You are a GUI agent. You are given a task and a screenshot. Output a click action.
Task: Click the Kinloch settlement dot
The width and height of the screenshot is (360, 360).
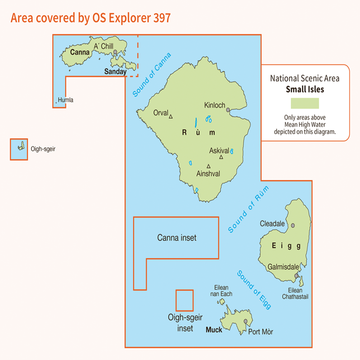pos(228,109)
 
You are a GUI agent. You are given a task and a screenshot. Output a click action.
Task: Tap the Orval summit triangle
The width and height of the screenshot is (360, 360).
pos(171,117)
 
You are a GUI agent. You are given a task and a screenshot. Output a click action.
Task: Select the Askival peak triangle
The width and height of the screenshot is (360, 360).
pos(221,157)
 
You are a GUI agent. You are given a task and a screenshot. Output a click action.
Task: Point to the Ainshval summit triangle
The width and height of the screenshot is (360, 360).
pos(208,166)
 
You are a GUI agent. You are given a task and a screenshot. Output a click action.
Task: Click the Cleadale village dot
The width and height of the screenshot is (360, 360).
pos(293,225)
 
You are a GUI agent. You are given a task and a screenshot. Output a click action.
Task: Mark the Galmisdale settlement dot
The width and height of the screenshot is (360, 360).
pos(296,275)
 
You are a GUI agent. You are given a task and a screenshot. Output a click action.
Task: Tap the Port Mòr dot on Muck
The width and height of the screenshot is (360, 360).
pos(245,321)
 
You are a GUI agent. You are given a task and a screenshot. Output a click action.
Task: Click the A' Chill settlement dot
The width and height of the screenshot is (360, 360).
pos(116,52)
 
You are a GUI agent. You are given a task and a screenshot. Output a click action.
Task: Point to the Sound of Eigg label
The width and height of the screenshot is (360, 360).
pos(254,289)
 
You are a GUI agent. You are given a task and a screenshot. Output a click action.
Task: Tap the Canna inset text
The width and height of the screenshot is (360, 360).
pos(176,238)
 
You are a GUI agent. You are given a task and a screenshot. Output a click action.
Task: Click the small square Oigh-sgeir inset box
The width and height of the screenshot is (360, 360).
pos(184,300)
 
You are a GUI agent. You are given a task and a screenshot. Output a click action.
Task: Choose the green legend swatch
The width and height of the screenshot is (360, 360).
pos(305,103)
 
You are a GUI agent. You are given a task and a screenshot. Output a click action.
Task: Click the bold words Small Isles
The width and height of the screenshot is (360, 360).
pos(305,89)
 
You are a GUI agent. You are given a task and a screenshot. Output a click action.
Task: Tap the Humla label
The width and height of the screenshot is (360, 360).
pos(66,100)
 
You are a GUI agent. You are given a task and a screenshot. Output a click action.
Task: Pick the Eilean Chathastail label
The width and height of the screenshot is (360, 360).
pos(295,293)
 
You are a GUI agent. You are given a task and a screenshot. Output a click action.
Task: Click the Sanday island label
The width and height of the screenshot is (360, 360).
pos(115,71)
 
